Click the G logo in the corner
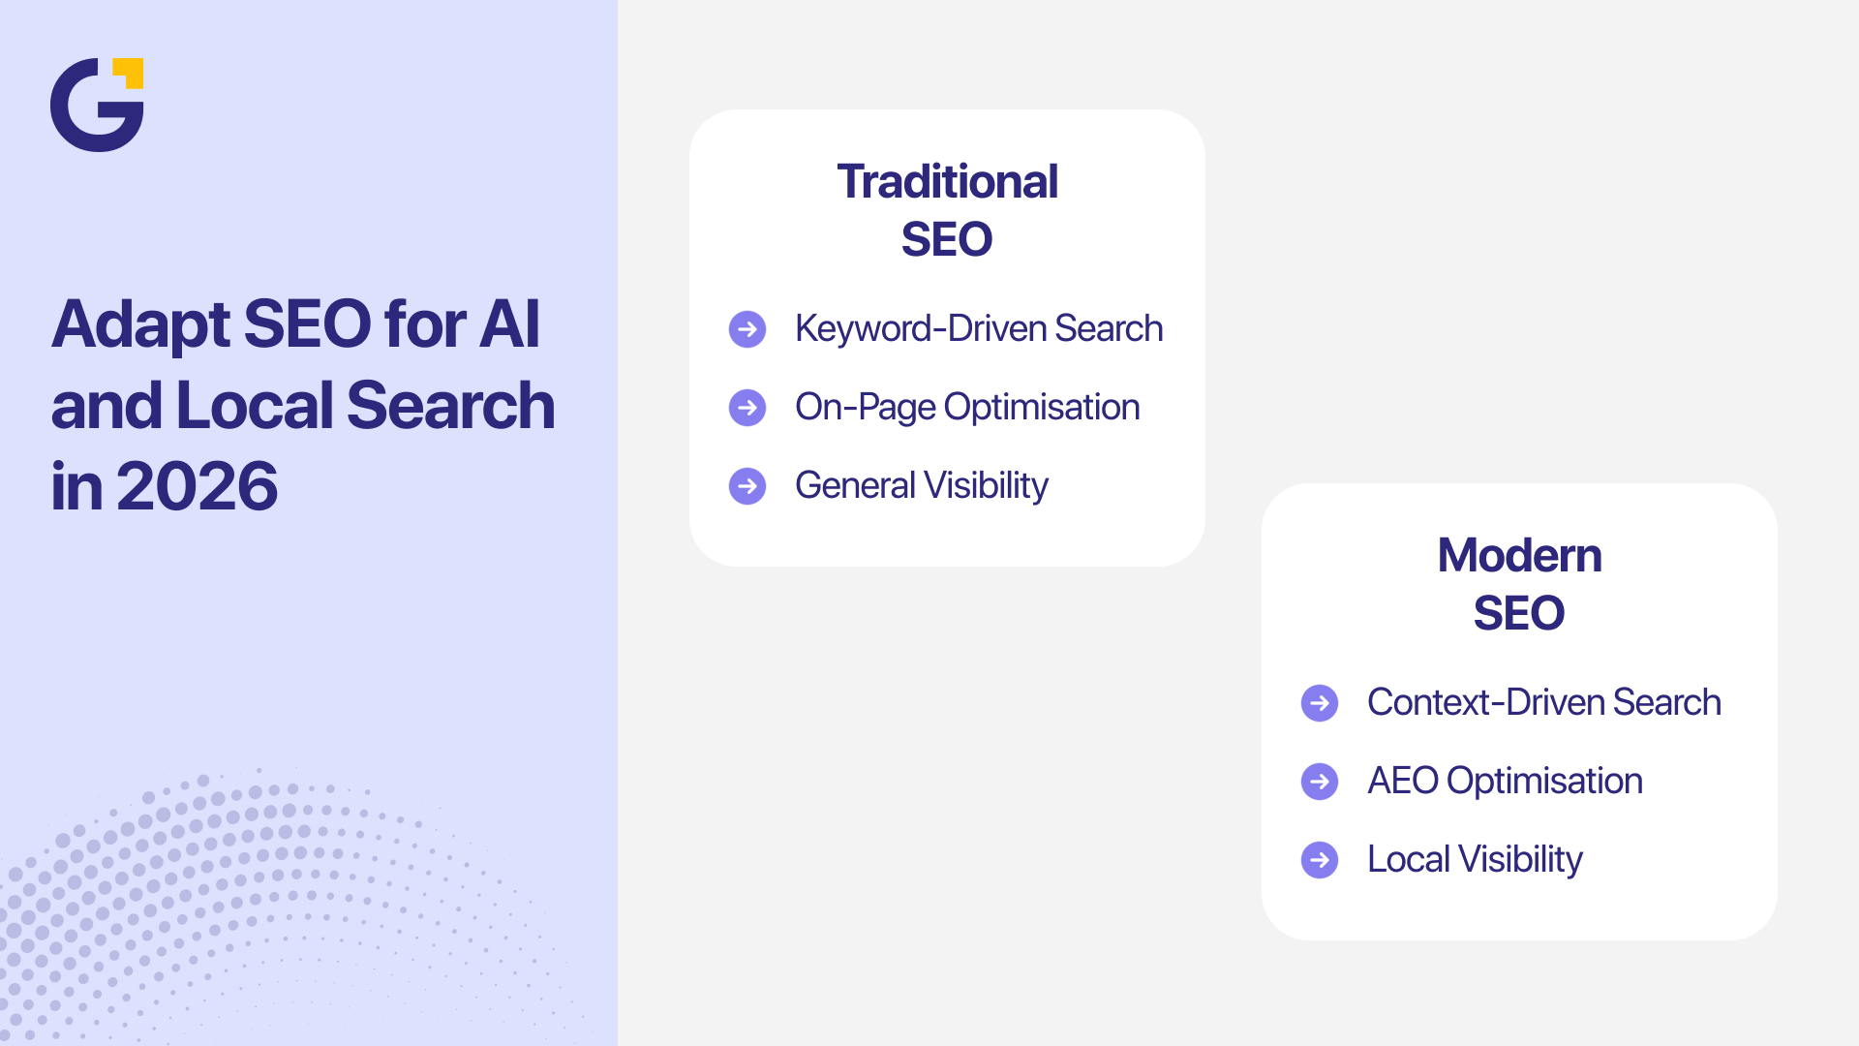click(x=95, y=106)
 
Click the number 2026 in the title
click(x=197, y=486)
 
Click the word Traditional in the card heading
click(x=947, y=182)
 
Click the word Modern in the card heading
click(x=1519, y=556)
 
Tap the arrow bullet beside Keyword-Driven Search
click(x=747, y=329)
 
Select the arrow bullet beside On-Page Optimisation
click(x=747, y=408)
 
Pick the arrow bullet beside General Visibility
click(x=747, y=486)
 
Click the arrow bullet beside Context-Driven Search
click(x=1320, y=703)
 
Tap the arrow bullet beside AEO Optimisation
click(x=1320, y=782)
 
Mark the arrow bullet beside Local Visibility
click(x=1320, y=860)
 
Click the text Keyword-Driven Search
click(x=978, y=329)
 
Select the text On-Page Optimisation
click(x=966, y=408)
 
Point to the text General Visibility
click(x=921, y=486)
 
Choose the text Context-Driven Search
click(x=1543, y=703)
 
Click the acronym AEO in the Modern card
click(x=1402, y=782)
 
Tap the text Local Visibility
click(x=1474, y=860)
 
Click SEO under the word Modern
click(x=1518, y=613)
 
